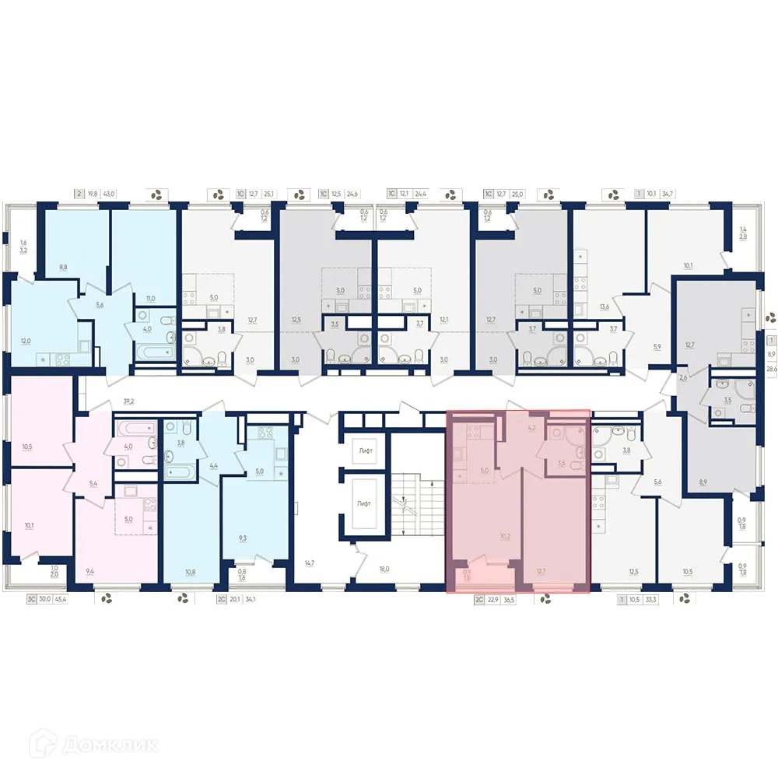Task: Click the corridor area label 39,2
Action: click(128, 401)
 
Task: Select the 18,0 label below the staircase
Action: click(383, 569)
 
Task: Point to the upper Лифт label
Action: click(365, 451)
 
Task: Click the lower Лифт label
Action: click(365, 504)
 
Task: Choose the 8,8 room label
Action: click(63, 267)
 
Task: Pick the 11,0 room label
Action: click(151, 298)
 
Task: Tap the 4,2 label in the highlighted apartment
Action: click(532, 427)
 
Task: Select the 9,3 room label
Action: click(243, 537)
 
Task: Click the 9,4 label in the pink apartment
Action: click(89, 571)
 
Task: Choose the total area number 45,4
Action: click(60, 599)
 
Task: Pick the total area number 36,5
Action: click(509, 600)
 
